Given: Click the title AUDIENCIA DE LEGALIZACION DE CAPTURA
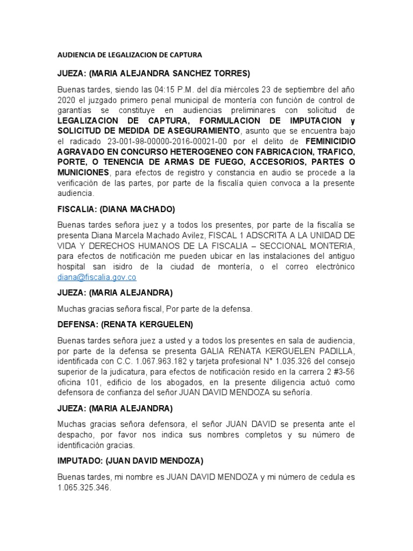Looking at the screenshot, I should pos(129,55).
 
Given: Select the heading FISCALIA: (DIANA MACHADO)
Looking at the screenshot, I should pos(117,209).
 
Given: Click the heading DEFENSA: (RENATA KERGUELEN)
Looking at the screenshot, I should pos(125,325).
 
